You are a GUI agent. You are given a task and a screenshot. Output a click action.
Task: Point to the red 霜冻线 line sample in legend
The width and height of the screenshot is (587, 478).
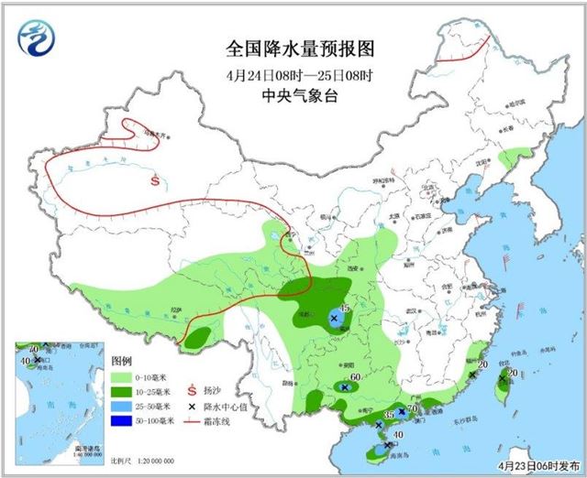click(x=193, y=420)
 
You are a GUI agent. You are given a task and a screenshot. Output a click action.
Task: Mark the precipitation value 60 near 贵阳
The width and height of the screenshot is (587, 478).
click(x=354, y=379)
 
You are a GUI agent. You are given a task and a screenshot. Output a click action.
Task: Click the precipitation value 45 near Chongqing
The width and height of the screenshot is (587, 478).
click(x=346, y=309)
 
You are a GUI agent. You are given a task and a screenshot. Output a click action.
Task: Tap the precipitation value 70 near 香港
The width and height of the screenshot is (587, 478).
click(x=413, y=407)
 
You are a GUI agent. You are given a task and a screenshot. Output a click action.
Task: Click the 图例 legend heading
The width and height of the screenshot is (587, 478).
click(x=122, y=360)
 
